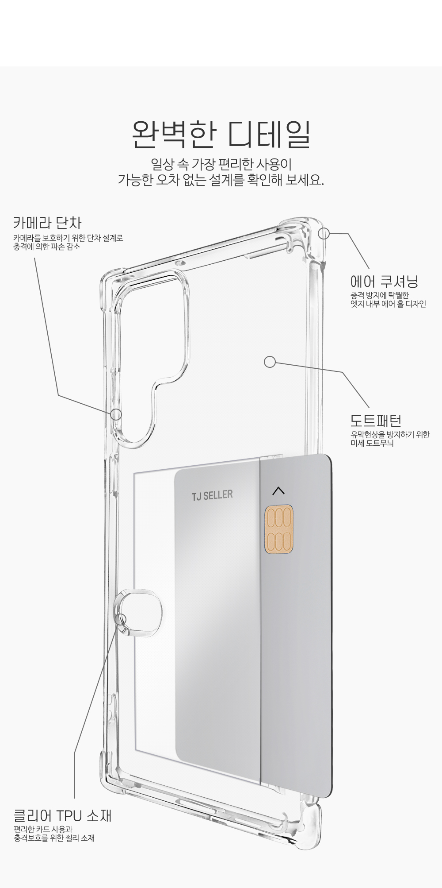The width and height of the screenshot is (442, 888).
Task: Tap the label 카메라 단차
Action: [47, 222]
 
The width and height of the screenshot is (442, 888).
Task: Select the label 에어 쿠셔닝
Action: [384, 281]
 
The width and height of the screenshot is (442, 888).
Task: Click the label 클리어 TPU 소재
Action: [62, 815]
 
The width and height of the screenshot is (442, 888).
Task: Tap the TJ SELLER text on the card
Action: [212, 495]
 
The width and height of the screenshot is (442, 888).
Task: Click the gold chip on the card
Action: [278, 530]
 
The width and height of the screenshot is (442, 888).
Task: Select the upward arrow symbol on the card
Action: [279, 490]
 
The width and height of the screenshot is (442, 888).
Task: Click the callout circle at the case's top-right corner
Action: [324, 234]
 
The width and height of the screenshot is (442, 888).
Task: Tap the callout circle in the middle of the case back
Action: [270, 362]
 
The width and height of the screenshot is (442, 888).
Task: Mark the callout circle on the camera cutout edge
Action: [116, 415]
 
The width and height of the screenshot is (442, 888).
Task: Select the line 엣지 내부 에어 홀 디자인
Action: [388, 304]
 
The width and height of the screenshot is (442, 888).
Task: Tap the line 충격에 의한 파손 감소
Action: [47, 247]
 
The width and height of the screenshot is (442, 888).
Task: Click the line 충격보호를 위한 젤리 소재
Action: [54, 838]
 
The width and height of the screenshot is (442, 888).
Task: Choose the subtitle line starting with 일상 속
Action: [221, 164]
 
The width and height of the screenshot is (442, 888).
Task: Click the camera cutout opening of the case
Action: [150, 336]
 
